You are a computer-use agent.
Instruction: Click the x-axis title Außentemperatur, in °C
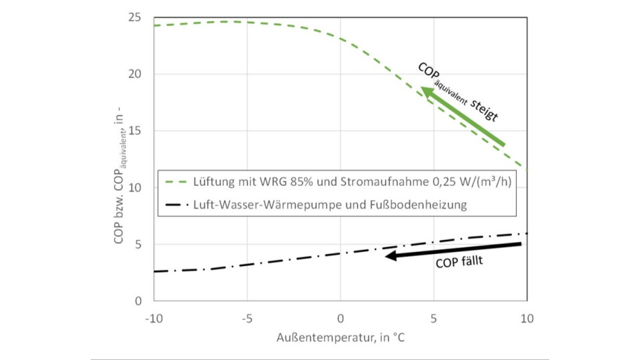[x=340, y=338]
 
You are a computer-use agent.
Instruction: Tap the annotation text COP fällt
[x=459, y=263]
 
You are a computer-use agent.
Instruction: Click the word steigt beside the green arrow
[x=485, y=110]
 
